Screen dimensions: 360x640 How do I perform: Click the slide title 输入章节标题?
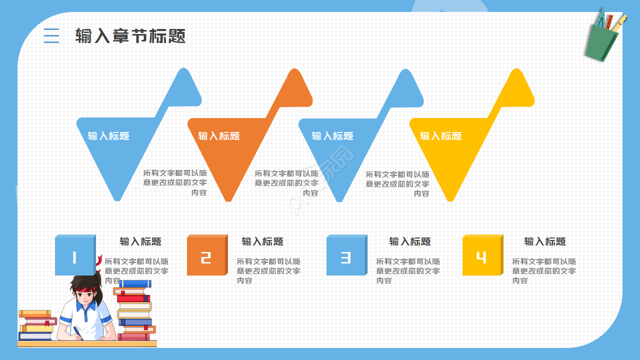(x=130, y=36)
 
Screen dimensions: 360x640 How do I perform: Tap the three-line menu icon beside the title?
(x=51, y=35)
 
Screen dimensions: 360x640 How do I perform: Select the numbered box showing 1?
(x=74, y=256)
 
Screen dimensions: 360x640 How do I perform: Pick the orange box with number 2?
(x=206, y=256)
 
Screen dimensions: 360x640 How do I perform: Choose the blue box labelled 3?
(x=345, y=256)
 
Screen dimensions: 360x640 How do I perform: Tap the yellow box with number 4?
(x=481, y=256)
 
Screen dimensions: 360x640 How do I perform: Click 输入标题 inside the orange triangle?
(x=219, y=136)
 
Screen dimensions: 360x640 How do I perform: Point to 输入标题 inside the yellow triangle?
(x=440, y=136)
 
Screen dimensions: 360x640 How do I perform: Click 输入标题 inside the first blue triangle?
(x=108, y=136)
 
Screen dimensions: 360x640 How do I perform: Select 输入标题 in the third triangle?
(x=332, y=136)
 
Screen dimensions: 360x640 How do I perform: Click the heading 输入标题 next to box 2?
(x=262, y=241)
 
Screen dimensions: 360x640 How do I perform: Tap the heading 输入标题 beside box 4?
(x=545, y=241)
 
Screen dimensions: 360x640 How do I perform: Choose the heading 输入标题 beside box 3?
(x=410, y=241)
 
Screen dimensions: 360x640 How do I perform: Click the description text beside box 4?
(x=544, y=270)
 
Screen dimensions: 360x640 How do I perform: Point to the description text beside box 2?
(x=268, y=270)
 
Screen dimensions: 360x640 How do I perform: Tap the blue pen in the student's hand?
(x=78, y=332)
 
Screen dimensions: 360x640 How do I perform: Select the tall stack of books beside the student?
(x=135, y=310)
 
